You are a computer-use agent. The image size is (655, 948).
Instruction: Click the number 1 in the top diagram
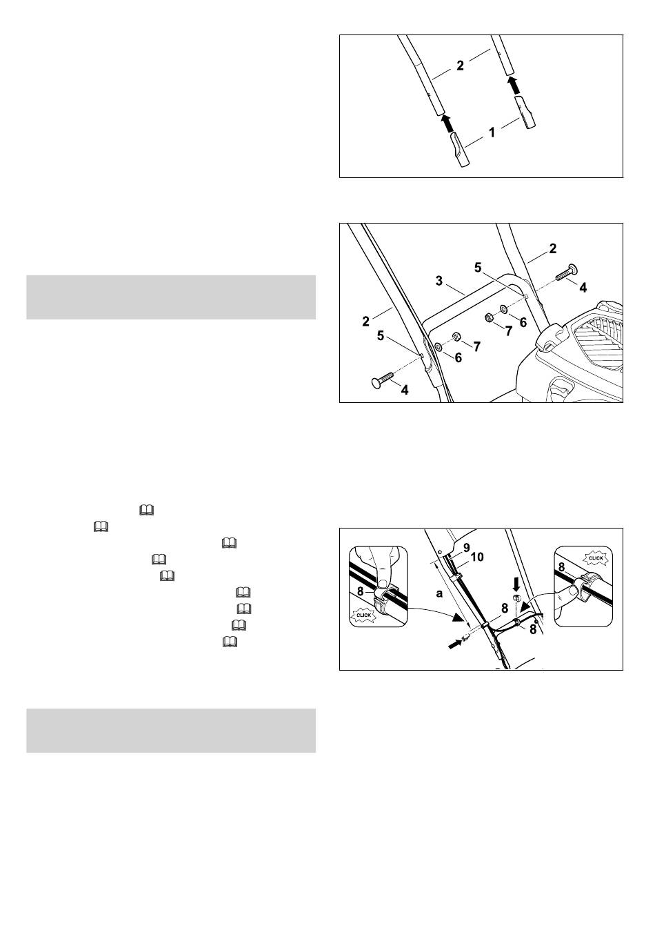click(492, 132)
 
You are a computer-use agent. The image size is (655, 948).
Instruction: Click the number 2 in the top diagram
click(460, 65)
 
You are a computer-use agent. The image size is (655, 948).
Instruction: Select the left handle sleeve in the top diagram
click(458, 150)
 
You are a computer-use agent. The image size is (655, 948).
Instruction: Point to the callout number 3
click(439, 281)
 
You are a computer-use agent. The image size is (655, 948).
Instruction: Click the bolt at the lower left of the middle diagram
click(382, 377)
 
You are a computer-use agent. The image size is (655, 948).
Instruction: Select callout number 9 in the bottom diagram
click(466, 547)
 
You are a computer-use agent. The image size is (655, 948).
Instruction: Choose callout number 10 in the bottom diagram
click(476, 557)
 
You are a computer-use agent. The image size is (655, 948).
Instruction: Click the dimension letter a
click(439, 593)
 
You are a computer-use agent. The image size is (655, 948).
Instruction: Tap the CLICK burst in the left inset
click(363, 615)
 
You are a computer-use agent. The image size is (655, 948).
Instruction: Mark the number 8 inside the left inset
click(361, 591)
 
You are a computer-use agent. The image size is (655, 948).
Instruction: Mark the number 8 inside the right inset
click(562, 566)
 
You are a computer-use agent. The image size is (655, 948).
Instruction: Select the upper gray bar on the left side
click(171, 297)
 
